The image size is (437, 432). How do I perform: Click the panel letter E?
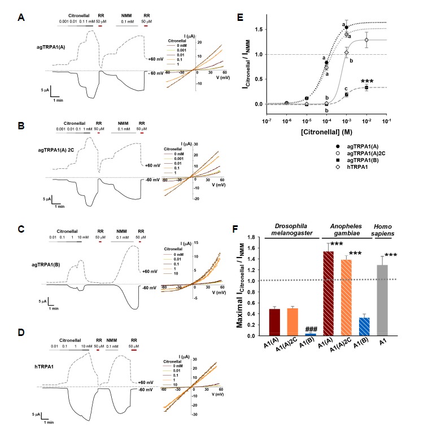coord(240,18)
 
